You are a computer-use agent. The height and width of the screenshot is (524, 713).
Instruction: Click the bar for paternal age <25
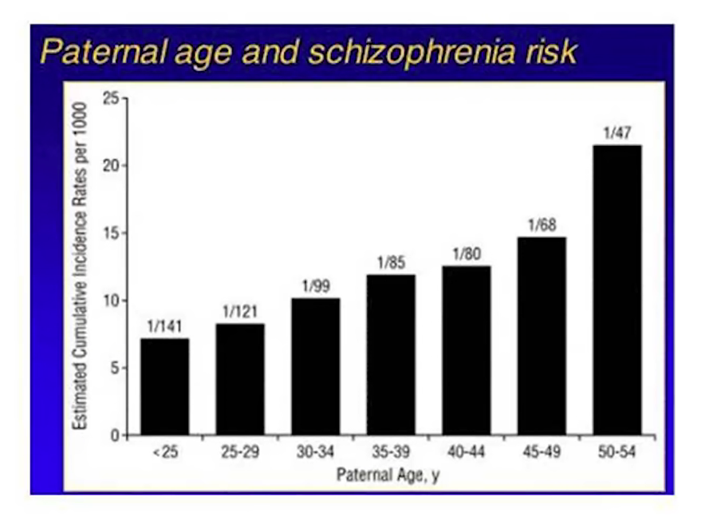click(x=165, y=387)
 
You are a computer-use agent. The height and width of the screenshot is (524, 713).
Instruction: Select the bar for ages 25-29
click(x=240, y=380)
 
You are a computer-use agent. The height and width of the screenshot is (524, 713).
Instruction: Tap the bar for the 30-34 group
click(x=316, y=367)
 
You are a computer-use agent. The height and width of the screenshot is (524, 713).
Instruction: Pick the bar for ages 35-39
click(x=391, y=355)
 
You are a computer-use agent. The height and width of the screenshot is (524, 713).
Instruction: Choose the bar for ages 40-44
click(x=467, y=351)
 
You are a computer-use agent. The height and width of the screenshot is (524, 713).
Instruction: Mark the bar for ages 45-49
click(x=542, y=336)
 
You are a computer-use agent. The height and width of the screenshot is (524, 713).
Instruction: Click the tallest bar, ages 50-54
click(x=617, y=290)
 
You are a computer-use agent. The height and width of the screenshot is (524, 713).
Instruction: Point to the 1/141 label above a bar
click(x=165, y=325)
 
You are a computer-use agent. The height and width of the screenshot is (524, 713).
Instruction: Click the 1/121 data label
click(x=240, y=311)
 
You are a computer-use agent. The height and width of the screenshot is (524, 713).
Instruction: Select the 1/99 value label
click(x=316, y=286)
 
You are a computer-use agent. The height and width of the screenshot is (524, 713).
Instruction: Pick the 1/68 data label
click(x=542, y=224)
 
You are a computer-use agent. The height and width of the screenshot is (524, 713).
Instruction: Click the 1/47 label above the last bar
click(x=617, y=132)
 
